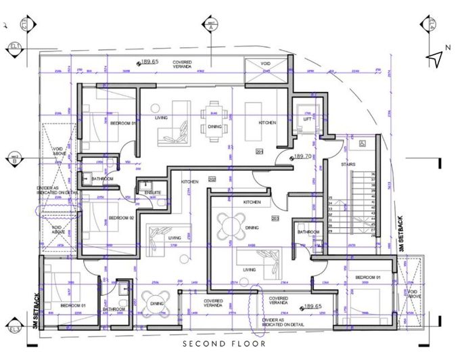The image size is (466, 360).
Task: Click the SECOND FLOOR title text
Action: tap(233, 344)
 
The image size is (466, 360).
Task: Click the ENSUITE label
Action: tap(153, 193)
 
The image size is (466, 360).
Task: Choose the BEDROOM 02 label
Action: tap(122, 218)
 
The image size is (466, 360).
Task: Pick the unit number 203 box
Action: tap(275, 218)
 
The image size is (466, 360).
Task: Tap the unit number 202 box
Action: tap(212, 179)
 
